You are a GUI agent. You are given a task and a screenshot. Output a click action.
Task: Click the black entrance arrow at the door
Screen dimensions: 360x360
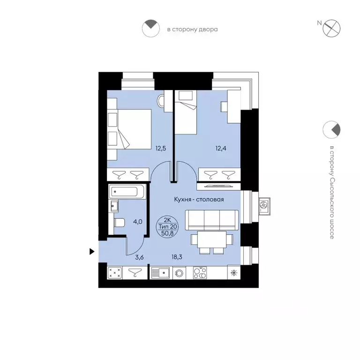[92, 252]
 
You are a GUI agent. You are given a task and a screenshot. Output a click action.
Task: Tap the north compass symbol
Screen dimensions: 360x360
[331, 29]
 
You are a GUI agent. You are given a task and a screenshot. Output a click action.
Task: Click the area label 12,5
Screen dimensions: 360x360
[160, 148]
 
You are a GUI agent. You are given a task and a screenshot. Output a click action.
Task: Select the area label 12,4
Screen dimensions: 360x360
[221, 148]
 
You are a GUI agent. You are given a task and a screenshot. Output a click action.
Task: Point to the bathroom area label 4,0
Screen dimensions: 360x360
[137, 222]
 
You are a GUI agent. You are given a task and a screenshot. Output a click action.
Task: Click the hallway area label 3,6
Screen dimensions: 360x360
[139, 257]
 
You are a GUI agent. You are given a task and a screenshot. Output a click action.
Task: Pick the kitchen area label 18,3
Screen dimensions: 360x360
[177, 257]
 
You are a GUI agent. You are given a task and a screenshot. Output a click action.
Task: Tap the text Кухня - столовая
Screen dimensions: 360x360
[199, 199]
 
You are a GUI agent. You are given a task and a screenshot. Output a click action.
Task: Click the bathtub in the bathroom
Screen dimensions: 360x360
[127, 191]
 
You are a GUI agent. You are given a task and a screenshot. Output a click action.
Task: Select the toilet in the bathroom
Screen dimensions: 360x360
[119, 223]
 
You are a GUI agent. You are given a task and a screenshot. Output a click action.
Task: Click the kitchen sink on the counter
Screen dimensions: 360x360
[160, 273]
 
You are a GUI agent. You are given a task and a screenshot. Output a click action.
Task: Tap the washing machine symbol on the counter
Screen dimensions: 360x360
[179, 273]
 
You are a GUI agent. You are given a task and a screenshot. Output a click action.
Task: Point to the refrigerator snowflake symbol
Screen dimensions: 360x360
[234, 273]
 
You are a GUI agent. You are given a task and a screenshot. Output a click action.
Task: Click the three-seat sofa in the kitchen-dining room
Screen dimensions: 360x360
[212, 220]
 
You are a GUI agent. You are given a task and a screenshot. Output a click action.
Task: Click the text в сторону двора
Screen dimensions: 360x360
[192, 30]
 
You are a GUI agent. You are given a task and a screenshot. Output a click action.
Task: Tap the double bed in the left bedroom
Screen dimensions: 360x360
[129, 129]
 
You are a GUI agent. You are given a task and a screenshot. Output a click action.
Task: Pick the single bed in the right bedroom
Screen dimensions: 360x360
[186, 112]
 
